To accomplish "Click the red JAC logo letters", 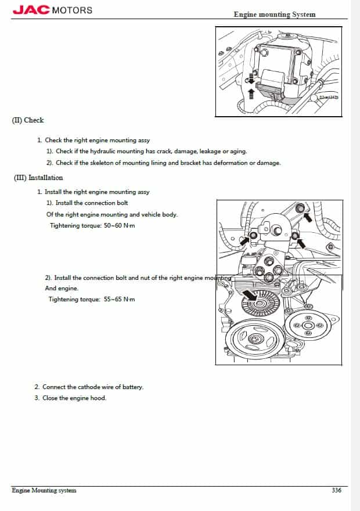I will click(x=31, y=10).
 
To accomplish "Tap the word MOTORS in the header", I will click(x=72, y=10).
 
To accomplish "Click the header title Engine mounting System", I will click(x=275, y=14).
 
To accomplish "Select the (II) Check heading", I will click(x=28, y=120).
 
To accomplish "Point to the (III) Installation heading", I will click(x=38, y=178).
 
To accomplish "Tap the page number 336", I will click(x=336, y=490).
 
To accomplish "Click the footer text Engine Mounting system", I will click(x=44, y=490).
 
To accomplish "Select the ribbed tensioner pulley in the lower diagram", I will click(x=265, y=302).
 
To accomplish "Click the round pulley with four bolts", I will click(x=308, y=326).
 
